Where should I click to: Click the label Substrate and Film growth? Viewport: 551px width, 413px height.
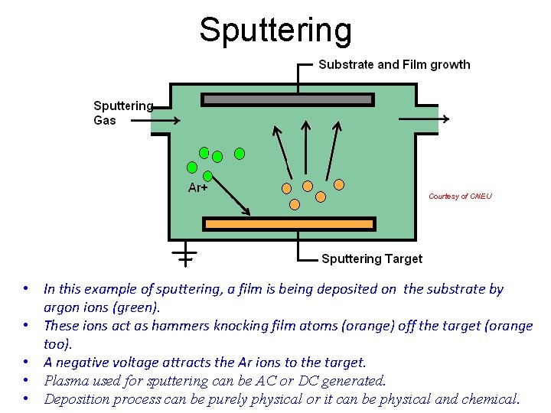394,64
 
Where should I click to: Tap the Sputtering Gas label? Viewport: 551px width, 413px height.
122,112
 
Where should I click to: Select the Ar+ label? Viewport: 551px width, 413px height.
198,187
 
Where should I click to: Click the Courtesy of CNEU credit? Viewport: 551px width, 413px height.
460,197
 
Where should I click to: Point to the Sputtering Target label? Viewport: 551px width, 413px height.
371,259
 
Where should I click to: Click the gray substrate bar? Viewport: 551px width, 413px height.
287,99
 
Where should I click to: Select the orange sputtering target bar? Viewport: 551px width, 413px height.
289,223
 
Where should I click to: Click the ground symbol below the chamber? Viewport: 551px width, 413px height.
185,253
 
